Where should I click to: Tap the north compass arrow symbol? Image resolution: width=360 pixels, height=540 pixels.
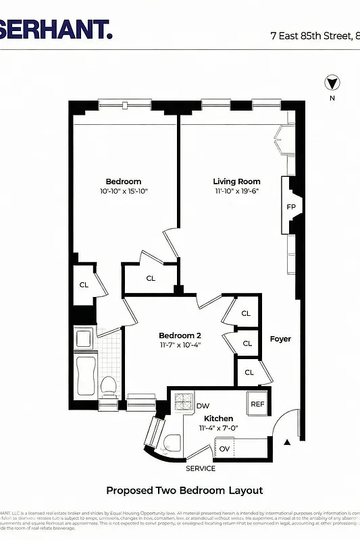tap(332, 84)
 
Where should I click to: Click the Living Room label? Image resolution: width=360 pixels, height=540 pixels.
tap(236, 182)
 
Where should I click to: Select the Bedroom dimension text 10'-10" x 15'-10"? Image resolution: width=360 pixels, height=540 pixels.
tap(123, 192)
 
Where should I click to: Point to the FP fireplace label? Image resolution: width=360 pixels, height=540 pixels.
tap(291, 207)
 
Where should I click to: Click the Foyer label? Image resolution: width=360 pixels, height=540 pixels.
tap(280, 339)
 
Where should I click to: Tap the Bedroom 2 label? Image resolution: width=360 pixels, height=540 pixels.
tap(180, 335)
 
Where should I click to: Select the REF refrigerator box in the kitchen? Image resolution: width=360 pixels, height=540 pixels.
tap(257, 404)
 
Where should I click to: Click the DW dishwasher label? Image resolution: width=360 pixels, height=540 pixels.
tap(203, 406)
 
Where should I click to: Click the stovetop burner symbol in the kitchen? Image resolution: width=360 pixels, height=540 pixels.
tap(184, 402)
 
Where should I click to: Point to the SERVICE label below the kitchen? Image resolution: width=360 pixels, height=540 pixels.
tap(201, 468)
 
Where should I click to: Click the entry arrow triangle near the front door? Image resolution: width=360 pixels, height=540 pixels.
tap(287, 442)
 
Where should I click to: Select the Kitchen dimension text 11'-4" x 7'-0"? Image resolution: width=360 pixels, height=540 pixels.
tap(218, 429)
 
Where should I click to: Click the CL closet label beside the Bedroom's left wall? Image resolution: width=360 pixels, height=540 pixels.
tap(84, 285)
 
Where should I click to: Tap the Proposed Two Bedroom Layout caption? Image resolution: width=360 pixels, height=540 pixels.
tap(184, 491)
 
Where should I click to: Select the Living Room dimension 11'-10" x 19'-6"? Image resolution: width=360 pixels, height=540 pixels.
tap(236, 191)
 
